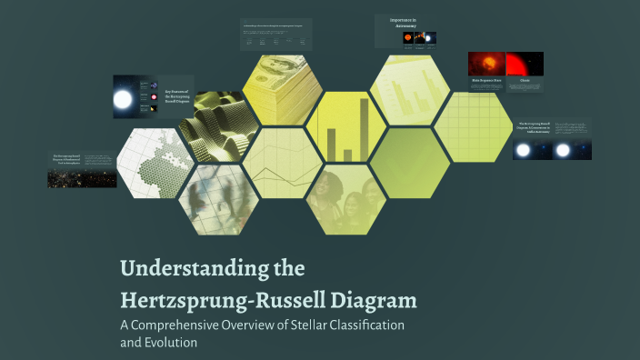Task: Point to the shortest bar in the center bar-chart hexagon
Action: pos(346,155)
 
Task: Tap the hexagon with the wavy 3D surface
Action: pos(216,125)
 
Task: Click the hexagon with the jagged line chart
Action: pos(282,164)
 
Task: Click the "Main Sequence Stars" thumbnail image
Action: pos(486,64)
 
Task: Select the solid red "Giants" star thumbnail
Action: pos(525,64)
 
